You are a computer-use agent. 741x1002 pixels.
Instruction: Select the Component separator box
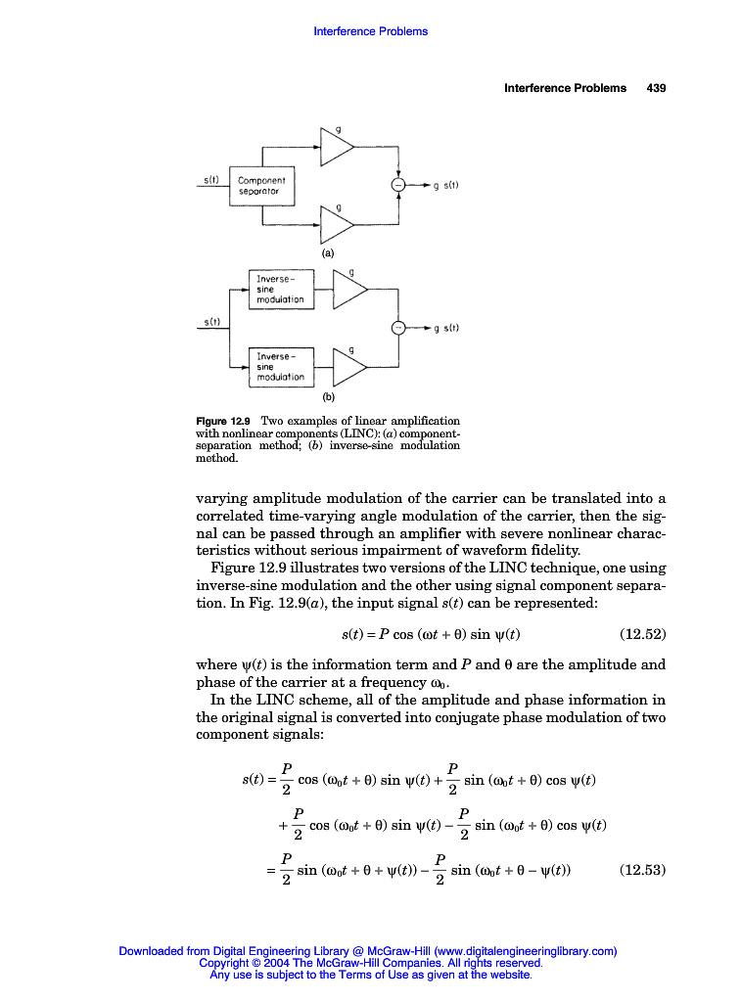(261, 186)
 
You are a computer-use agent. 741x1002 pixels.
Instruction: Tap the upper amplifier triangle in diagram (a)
(337, 148)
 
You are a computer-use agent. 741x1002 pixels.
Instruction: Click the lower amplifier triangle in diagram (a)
(337, 224)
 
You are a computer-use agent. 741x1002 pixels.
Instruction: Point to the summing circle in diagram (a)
(397, 185)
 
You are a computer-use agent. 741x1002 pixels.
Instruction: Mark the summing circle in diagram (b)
(398, 328)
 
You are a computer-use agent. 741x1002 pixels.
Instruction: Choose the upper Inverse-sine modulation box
(282, 290)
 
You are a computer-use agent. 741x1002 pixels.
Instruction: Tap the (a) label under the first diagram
(328, 252)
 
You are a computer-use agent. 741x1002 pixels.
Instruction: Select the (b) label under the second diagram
(328, 397)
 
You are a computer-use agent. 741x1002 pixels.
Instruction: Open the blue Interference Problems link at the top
(370, 31)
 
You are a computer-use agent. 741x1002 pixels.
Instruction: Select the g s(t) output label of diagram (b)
(445, 329)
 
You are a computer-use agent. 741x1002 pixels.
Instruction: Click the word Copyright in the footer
(224, 963)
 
